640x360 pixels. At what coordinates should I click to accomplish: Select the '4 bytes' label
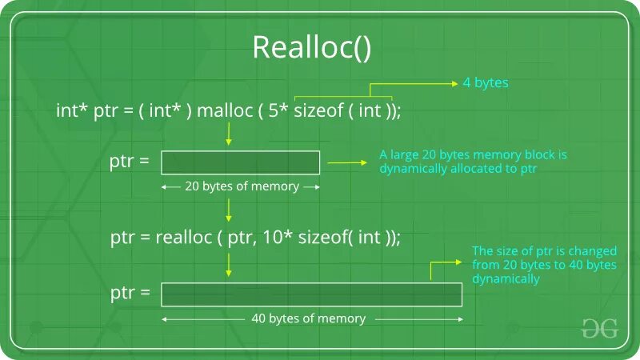[x=486, y=82]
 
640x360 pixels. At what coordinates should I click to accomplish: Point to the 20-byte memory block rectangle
[x=240, y=162]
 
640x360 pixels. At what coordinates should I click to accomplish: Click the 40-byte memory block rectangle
[x=311, y=294]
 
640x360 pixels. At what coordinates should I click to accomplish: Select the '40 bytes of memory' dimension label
[x=308, y=318]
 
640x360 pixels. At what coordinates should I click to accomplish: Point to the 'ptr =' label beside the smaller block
[x=130, y=161]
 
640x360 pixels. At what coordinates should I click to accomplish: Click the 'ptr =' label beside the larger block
[x=130, y=293]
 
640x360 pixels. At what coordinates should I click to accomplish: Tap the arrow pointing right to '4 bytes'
[x=436, y=82]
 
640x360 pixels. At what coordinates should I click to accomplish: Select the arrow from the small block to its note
[x=346, y=162]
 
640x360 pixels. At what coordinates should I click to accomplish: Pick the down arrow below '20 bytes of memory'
[x=229, y=210]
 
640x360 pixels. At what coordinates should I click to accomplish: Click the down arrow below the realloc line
[x=229, y=264]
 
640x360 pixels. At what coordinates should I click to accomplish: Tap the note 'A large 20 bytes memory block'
[x=456, y=162]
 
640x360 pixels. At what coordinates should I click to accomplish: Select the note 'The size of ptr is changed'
[x=544, y=265]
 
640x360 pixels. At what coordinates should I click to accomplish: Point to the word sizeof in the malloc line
[x=318, y=111]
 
